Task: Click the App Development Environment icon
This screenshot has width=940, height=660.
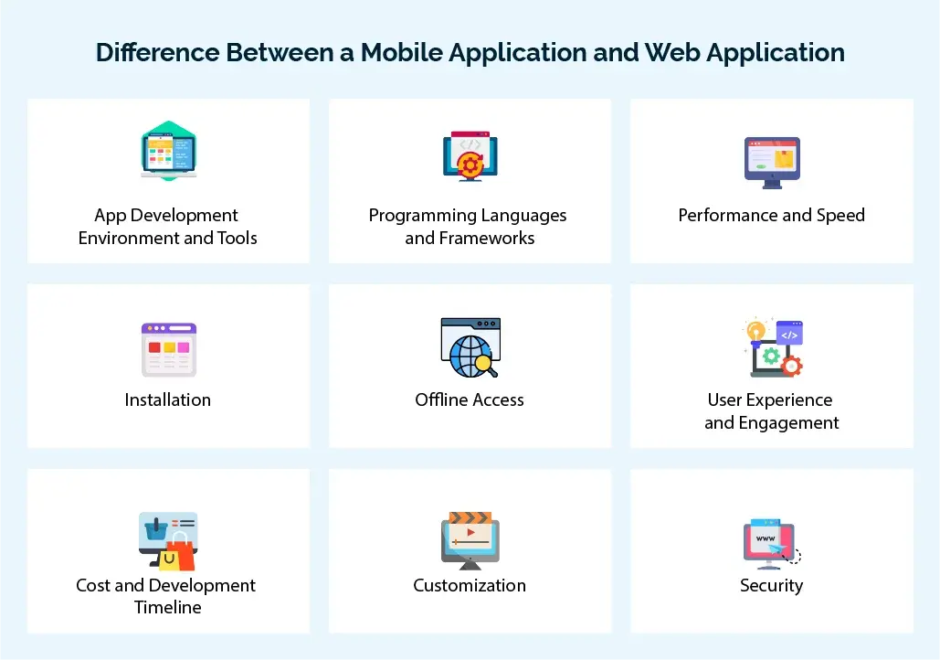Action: pyautogui.click(x=168, y=151)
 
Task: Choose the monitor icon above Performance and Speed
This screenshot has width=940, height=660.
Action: pyautogui.click(x=772, y=163)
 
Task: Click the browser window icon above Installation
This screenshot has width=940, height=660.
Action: pyautogui.click(x=168, y=349)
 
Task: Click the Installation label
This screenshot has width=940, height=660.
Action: pyautogui.click(x=168, y=399)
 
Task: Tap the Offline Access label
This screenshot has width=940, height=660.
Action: pyautogui.click(x=470, y=399)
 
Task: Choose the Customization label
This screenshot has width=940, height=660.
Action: pyautogui.click(x=470, y=585)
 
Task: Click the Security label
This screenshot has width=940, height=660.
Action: pyautogui.click(x=771, y=585)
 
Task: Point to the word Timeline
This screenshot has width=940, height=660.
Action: pyautogui.click(x=168, y=607)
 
